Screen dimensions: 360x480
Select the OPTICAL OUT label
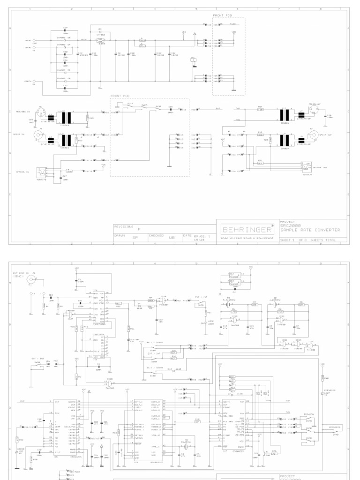coord(321,167)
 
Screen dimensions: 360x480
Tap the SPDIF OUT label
coord(325,134)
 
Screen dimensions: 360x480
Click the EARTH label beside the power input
coord(28,82)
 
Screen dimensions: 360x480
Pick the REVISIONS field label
coord(124,226)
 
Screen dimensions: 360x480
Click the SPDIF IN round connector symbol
coord(36,136)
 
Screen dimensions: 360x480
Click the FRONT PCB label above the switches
coord(118,96)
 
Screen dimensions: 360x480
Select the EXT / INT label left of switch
coord(37,359)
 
